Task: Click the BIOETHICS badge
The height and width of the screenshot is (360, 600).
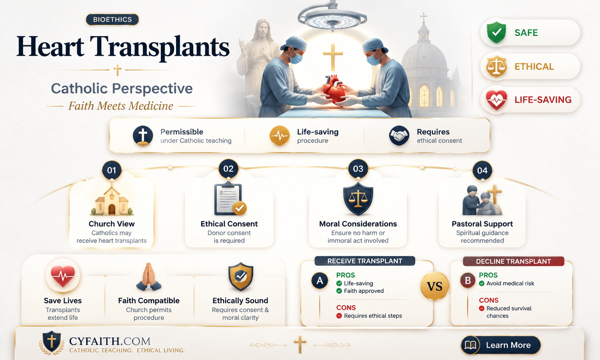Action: click(x=112, y=20)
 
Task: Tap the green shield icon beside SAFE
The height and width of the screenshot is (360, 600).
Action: click(x=496, y=32)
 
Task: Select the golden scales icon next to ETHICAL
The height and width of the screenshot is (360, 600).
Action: click(x=496, y=66)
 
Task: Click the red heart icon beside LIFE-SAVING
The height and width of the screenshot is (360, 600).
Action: click(x=496, y=100)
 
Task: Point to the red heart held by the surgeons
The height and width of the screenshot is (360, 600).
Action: click(x=334, y=89)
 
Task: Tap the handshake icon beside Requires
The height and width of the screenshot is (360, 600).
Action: click(x=399, y=136)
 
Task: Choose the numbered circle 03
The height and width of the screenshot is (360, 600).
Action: click(x=358, y=169)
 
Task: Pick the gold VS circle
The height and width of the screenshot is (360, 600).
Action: click(x=434, y=286)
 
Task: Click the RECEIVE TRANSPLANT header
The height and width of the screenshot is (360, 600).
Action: click(x=365, y=261)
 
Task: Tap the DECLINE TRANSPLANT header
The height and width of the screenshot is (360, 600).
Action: click(x=513, y=261)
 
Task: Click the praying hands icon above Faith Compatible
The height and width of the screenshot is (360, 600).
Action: click(x=149, y=277)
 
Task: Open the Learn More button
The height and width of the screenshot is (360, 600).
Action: click(x=501, y=345)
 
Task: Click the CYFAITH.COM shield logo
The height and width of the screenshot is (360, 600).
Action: click(x=52, y=341)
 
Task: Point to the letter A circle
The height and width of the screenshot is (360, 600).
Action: click(x=319, y=280)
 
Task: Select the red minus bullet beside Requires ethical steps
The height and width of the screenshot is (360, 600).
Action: click(x=339, y=316)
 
